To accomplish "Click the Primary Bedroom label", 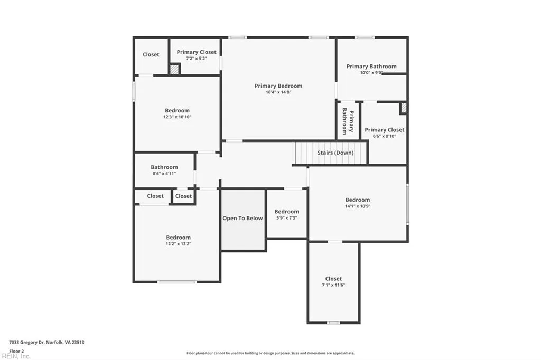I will pos(278,86).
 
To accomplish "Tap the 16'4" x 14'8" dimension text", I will pos(278,92).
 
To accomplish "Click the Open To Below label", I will pos(242,219).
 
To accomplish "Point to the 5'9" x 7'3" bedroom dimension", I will pos(286,218).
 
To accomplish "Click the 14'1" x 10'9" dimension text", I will pos(358,206).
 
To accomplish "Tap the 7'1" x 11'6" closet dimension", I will pos(333,285).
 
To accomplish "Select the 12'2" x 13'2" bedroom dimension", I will pos(178,244).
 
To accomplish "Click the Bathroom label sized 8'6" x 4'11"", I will pos(164,167).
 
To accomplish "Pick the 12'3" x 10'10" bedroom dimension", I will pos(177,117).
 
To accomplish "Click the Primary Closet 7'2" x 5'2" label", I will pos(197,52).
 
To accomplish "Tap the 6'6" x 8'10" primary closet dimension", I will pos(384,136).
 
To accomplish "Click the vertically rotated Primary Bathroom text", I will pos(348,121).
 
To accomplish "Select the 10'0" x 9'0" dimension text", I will pos(371,73).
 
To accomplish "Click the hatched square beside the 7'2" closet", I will pos(174,69).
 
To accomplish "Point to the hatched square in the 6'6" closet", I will pos(404,108).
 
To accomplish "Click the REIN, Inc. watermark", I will pos(16,356).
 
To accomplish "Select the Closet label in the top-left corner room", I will pos(151,55).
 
